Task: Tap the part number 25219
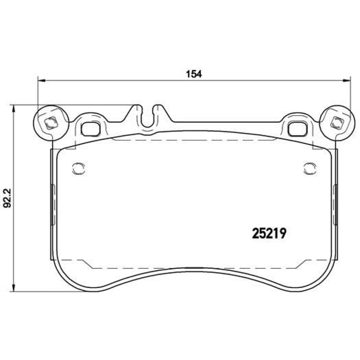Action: pyautogui.click(x=268, y=234)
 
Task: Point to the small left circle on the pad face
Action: pyautogui.click(x=78, y=168)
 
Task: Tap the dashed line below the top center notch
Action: pyautogui.click(x=192, y=140)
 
